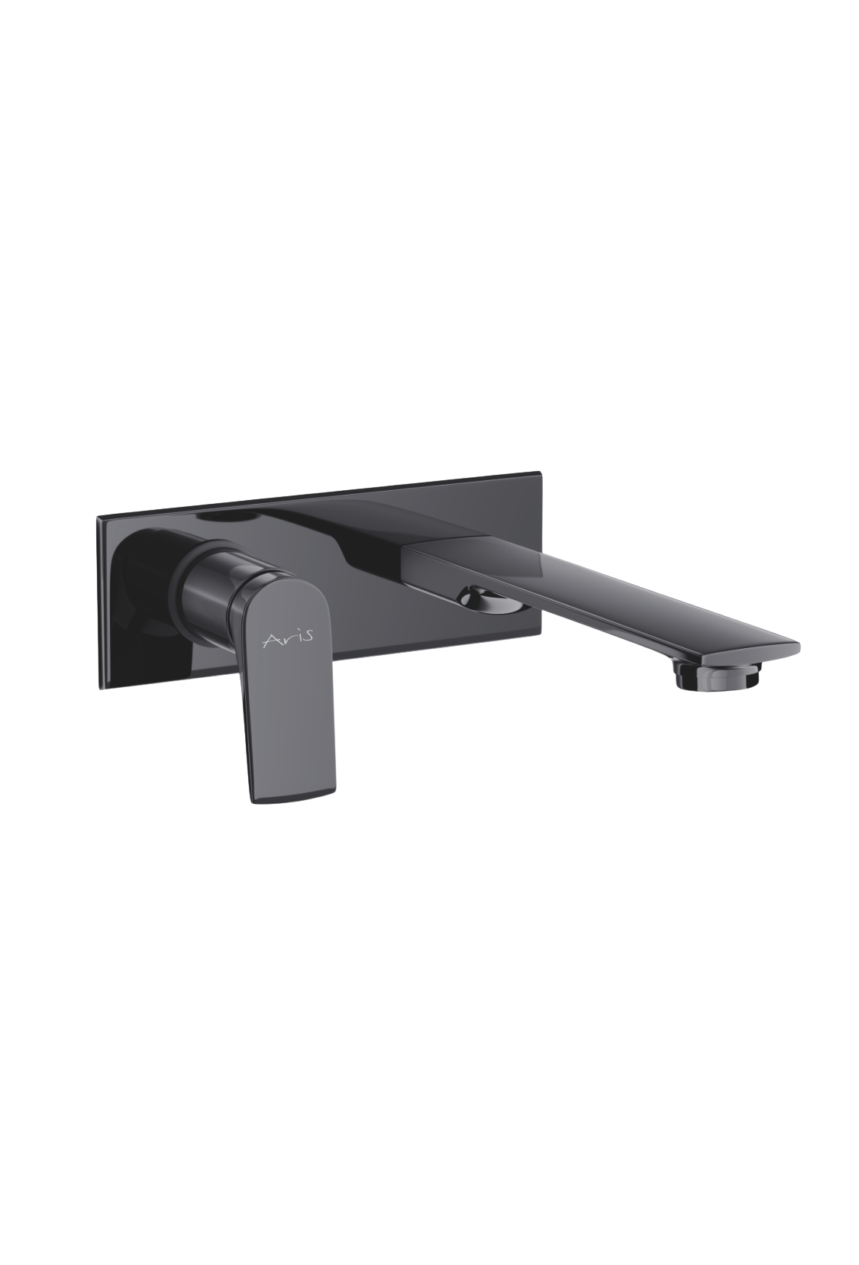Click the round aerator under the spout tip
coord(715,676)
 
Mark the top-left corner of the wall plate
coord(97,515)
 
